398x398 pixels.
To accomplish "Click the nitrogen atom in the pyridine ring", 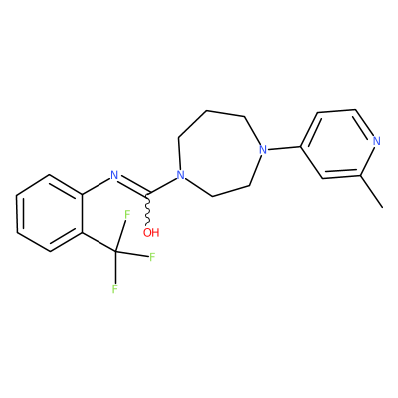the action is tap(376, 141).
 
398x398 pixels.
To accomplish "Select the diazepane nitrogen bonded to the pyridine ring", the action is tap(263, 150).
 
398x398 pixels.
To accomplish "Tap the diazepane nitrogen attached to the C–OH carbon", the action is tap(180, 174).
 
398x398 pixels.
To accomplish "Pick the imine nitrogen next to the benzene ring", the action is tap(114, 174).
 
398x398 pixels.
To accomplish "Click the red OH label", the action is tap(151, 232).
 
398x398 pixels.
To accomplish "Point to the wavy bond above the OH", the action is tap(148, 210).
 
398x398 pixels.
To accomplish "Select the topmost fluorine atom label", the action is tap(126, 215).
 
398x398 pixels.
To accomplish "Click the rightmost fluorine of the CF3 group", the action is tap(152, 257).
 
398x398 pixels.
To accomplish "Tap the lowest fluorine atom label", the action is tap(115, 289).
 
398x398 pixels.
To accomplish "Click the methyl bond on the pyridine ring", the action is tap(371, 192).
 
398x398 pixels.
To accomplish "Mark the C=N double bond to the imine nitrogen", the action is tap(133, 185).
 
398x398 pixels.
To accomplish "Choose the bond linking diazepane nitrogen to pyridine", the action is tap(285, 148).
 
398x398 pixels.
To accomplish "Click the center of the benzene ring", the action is tap(50, 213).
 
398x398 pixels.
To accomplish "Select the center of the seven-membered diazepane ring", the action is tap(217, 153).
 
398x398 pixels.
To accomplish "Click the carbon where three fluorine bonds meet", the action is tap(115, 252).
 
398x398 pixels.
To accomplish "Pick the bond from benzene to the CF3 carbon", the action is tap(99, 242).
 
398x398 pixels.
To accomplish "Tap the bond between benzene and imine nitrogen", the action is tap(96, 186).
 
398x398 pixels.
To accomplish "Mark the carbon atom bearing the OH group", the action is tap(148, 193).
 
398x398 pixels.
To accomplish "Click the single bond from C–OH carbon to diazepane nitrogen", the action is tap(162, 185).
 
